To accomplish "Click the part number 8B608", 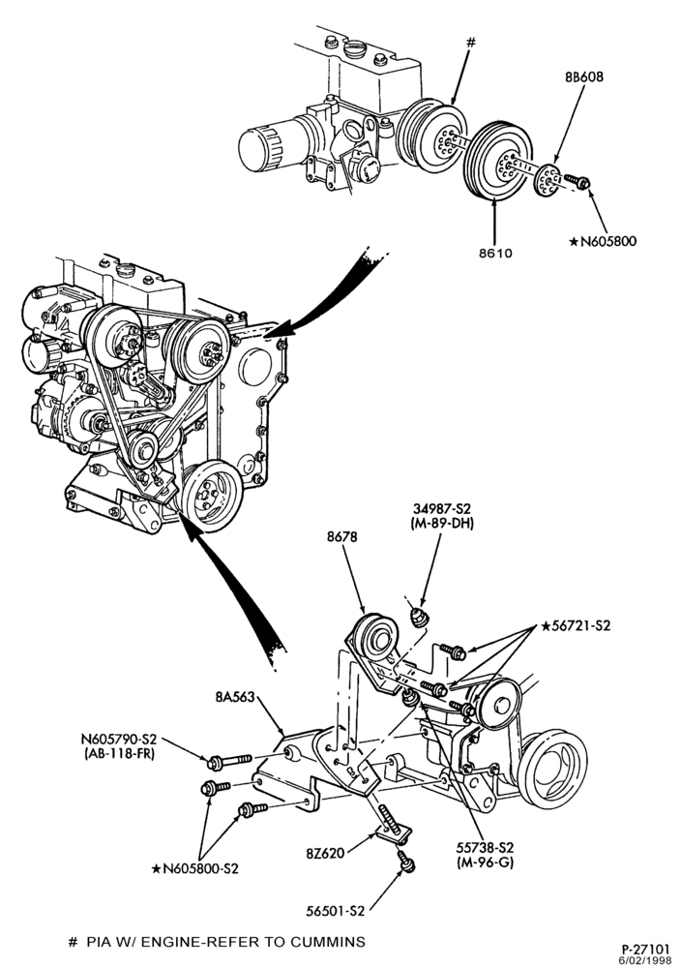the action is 583,77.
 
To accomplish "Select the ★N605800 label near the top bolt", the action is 602,241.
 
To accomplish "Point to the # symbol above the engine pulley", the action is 471,42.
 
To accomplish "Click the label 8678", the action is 342,537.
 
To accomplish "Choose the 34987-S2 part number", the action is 442,509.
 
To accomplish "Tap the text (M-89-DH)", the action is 441,524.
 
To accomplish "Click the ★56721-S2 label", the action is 576,625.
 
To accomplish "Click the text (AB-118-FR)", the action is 118,754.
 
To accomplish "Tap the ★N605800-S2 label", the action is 195,868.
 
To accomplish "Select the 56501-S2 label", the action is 336,911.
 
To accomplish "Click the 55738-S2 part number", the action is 486,848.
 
